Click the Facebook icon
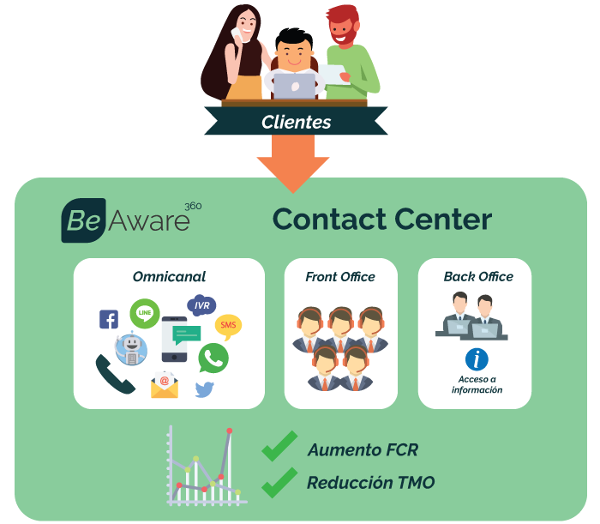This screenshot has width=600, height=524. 109,320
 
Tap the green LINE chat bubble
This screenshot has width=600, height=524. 144,313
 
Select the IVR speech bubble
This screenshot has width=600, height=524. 201,304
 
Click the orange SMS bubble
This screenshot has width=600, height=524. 227,326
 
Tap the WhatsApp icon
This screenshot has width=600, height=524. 213,358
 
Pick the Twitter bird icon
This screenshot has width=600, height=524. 204,389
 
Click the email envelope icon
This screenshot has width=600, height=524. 165,385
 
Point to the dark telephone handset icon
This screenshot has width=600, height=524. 114,375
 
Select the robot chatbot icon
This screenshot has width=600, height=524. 132,347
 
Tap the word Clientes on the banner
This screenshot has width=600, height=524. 296,123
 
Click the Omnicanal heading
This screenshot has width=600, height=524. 169,277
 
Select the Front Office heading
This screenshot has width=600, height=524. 339,277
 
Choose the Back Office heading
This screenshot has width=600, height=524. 478,277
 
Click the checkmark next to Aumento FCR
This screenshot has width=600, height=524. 279,447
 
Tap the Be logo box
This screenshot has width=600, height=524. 83,222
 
